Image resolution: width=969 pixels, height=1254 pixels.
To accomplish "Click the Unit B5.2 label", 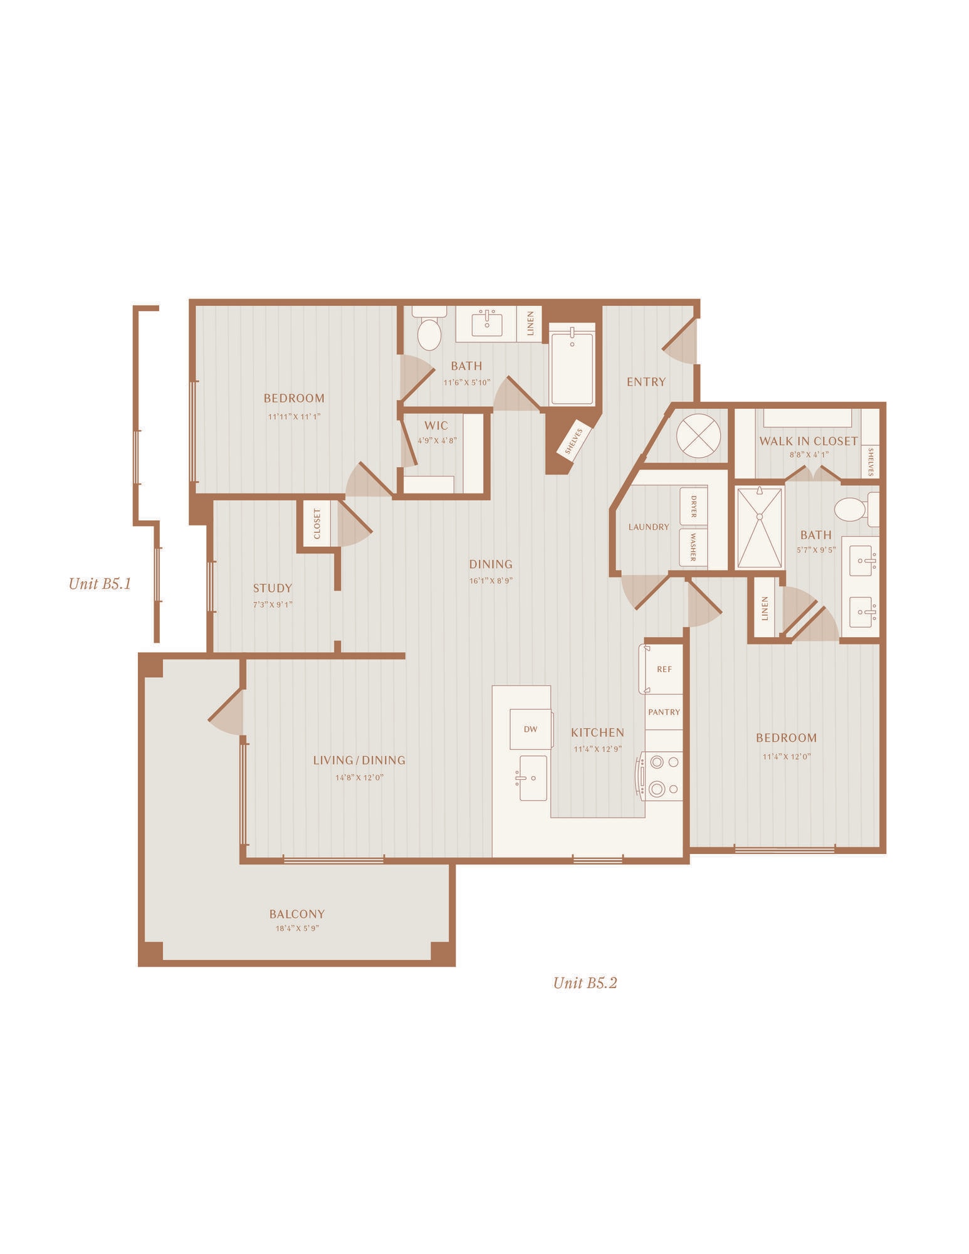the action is coord(585,983).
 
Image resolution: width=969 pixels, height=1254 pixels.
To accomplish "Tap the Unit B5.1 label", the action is coord(100,584).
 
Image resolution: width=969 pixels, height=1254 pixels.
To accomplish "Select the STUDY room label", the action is coord(273,588).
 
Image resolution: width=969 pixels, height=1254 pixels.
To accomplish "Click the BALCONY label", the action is coord(297,914).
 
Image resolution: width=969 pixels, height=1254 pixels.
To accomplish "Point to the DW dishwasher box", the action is coord(531,729).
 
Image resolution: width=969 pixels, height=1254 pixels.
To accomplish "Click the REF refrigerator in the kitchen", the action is coord(661,669).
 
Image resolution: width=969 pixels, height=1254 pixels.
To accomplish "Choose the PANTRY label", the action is coord(664,712).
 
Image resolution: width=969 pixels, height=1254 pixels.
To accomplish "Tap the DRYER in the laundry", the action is coord(694,506).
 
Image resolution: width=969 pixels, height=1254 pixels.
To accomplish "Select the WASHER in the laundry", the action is coord(694,547).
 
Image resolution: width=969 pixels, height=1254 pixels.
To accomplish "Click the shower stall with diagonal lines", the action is coord(760,528).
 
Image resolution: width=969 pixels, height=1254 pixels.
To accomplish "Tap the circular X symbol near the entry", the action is coord(698,436).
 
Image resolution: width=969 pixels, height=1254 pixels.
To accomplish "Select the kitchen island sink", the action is coord(533,778).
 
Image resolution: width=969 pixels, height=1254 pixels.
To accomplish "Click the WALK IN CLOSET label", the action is coord(809,441).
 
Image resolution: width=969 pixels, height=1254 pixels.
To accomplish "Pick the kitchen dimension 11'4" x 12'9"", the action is coord(597,749).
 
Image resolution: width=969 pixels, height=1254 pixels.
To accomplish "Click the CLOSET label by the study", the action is coord(317,524).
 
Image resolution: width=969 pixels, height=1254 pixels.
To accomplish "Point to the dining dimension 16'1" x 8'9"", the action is coord(491,581).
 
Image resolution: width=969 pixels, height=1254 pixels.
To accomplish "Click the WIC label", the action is coord(436,426).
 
